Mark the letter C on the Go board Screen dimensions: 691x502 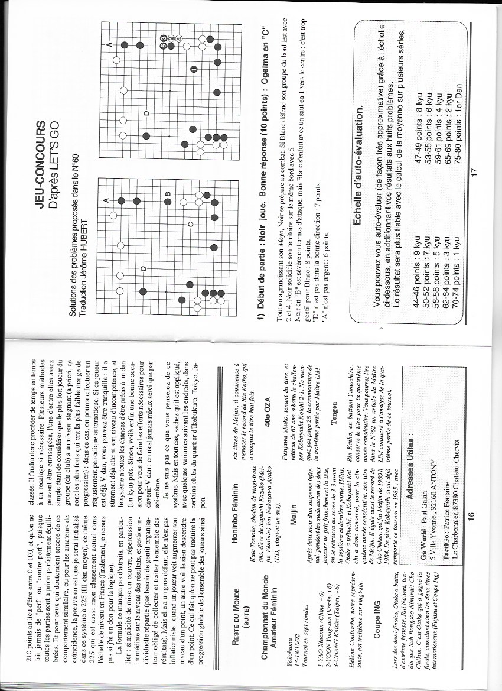(191, 225)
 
